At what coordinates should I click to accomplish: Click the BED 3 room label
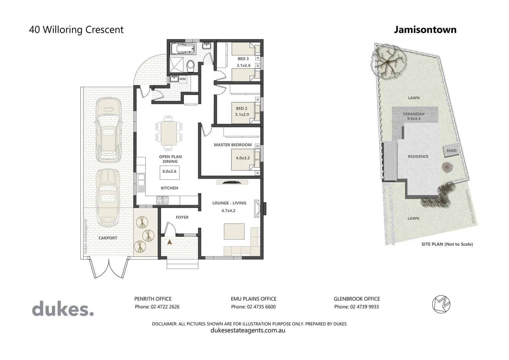click(x=243, y=59)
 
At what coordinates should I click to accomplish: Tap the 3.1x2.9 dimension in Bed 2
click(x=242, y=114)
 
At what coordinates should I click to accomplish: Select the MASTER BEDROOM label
click(x=233, y=145)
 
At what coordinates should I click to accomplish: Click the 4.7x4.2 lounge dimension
click(x=228, y=210)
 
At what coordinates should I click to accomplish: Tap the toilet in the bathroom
click(x=191, y=65)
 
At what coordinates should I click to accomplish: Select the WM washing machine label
click(x=183, y=79)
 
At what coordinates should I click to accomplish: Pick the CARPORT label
click(x=108, y=238)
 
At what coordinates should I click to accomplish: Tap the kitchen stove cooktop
click(x=162, y=200)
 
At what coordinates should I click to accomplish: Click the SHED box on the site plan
click(x=451, y=151)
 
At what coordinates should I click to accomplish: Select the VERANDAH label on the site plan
click(x=413, y=114)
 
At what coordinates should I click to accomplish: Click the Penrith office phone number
click(x=157, y=307)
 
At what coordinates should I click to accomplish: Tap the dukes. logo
click(x=63, y=309)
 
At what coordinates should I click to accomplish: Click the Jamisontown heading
click(x=425, y=30)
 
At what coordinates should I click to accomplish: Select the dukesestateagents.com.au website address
click(x=248, y=330)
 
